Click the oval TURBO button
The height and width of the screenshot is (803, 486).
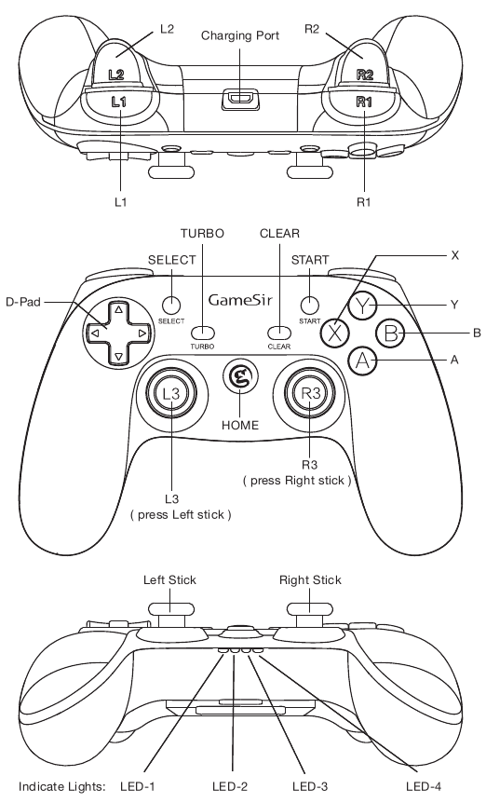[203, 331]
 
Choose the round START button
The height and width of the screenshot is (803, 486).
[310, 305]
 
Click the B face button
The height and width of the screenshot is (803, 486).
[389, 332]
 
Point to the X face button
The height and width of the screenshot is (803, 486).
[334, 332]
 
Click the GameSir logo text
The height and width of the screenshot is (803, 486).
[240, 300]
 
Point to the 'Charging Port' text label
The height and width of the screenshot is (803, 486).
[239, 34]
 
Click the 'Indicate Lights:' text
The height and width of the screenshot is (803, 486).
[61, 785]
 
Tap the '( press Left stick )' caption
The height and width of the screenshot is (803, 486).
[182, 514]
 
